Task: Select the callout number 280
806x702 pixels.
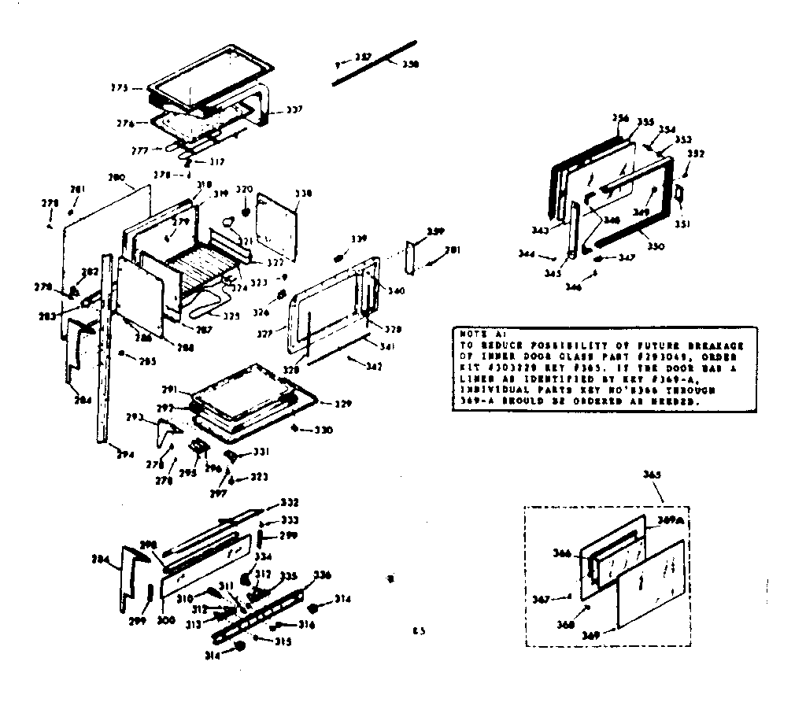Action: point(116,179)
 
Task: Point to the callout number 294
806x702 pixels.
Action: point(123,455)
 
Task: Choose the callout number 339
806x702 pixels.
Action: point(359,238)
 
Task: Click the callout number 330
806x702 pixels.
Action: point(324,430)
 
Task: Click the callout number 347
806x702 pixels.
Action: point(627,258)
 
